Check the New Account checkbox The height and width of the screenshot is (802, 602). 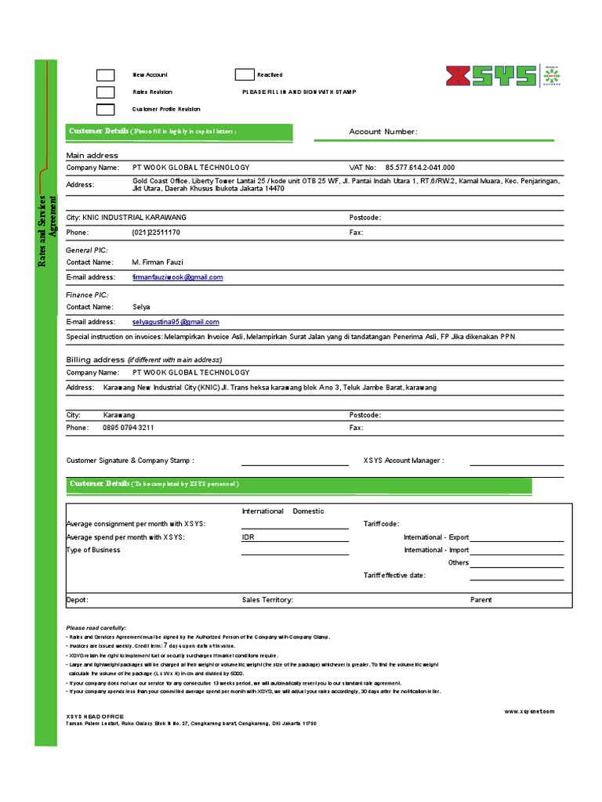(106, 75)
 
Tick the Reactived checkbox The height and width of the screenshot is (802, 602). (245, 75)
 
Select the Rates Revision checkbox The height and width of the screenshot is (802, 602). (106, 92)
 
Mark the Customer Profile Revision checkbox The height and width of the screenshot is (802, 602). (106, 110)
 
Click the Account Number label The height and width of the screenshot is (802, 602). (383, 132)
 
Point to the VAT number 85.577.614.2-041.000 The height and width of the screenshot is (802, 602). (419, 168)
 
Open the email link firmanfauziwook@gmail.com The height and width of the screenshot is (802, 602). (178, 277)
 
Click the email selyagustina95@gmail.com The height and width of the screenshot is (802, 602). (176, 322)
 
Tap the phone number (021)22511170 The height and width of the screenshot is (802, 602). (156, 233)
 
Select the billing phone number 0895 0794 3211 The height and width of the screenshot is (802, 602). (129, 428)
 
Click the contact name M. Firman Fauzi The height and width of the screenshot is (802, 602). (158, 262)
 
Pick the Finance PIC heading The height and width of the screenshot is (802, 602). (87, 294)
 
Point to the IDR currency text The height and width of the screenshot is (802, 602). (248, 537)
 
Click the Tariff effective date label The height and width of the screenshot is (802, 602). (394, 576)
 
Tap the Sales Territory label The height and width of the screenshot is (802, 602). (267, 600)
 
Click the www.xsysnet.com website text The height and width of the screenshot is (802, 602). (528, 711)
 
